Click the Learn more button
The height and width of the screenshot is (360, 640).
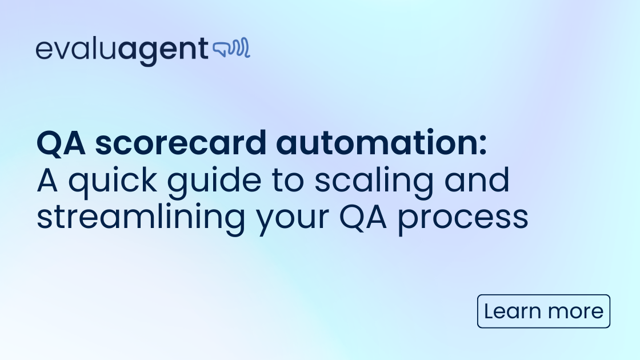(543, 311)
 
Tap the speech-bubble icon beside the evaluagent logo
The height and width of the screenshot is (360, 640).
(231, 50)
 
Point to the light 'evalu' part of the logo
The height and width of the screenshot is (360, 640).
(77, 50)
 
